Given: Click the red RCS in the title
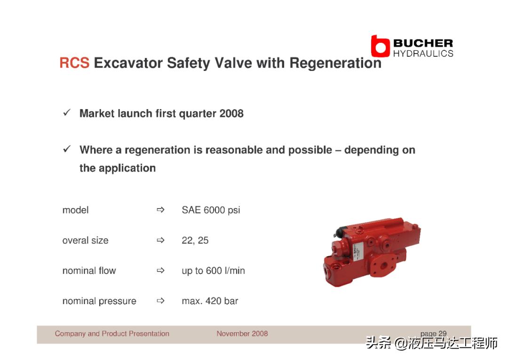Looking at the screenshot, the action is (x=74, y=63).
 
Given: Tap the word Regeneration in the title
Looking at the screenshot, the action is (x=335, y=63).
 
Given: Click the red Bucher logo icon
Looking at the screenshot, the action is (x=380, y=46).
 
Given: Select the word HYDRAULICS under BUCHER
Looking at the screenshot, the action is (x=423, y=54).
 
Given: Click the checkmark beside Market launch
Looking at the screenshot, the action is (x=67, y=113).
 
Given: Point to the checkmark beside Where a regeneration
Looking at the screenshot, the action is (x=67, y=149).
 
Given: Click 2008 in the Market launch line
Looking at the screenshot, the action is (x=231, y=113).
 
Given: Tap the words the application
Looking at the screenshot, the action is (x=118, y=168).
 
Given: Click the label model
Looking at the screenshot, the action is (x=75, y=210).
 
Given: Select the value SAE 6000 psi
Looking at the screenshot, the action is (x=211, y=210).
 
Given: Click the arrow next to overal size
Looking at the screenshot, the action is (x=160, y=240).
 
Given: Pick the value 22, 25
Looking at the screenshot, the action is (x=195, y=241).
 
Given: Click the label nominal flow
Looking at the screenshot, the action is (x=89, y=271).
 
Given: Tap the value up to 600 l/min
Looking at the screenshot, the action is (x=213, y=271).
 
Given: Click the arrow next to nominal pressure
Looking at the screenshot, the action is (x=160, y=301).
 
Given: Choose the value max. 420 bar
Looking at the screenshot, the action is (x=210, y=301).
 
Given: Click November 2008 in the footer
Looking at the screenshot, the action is (x=242, y=334).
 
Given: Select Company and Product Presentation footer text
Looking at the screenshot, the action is (x=112, y=334).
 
